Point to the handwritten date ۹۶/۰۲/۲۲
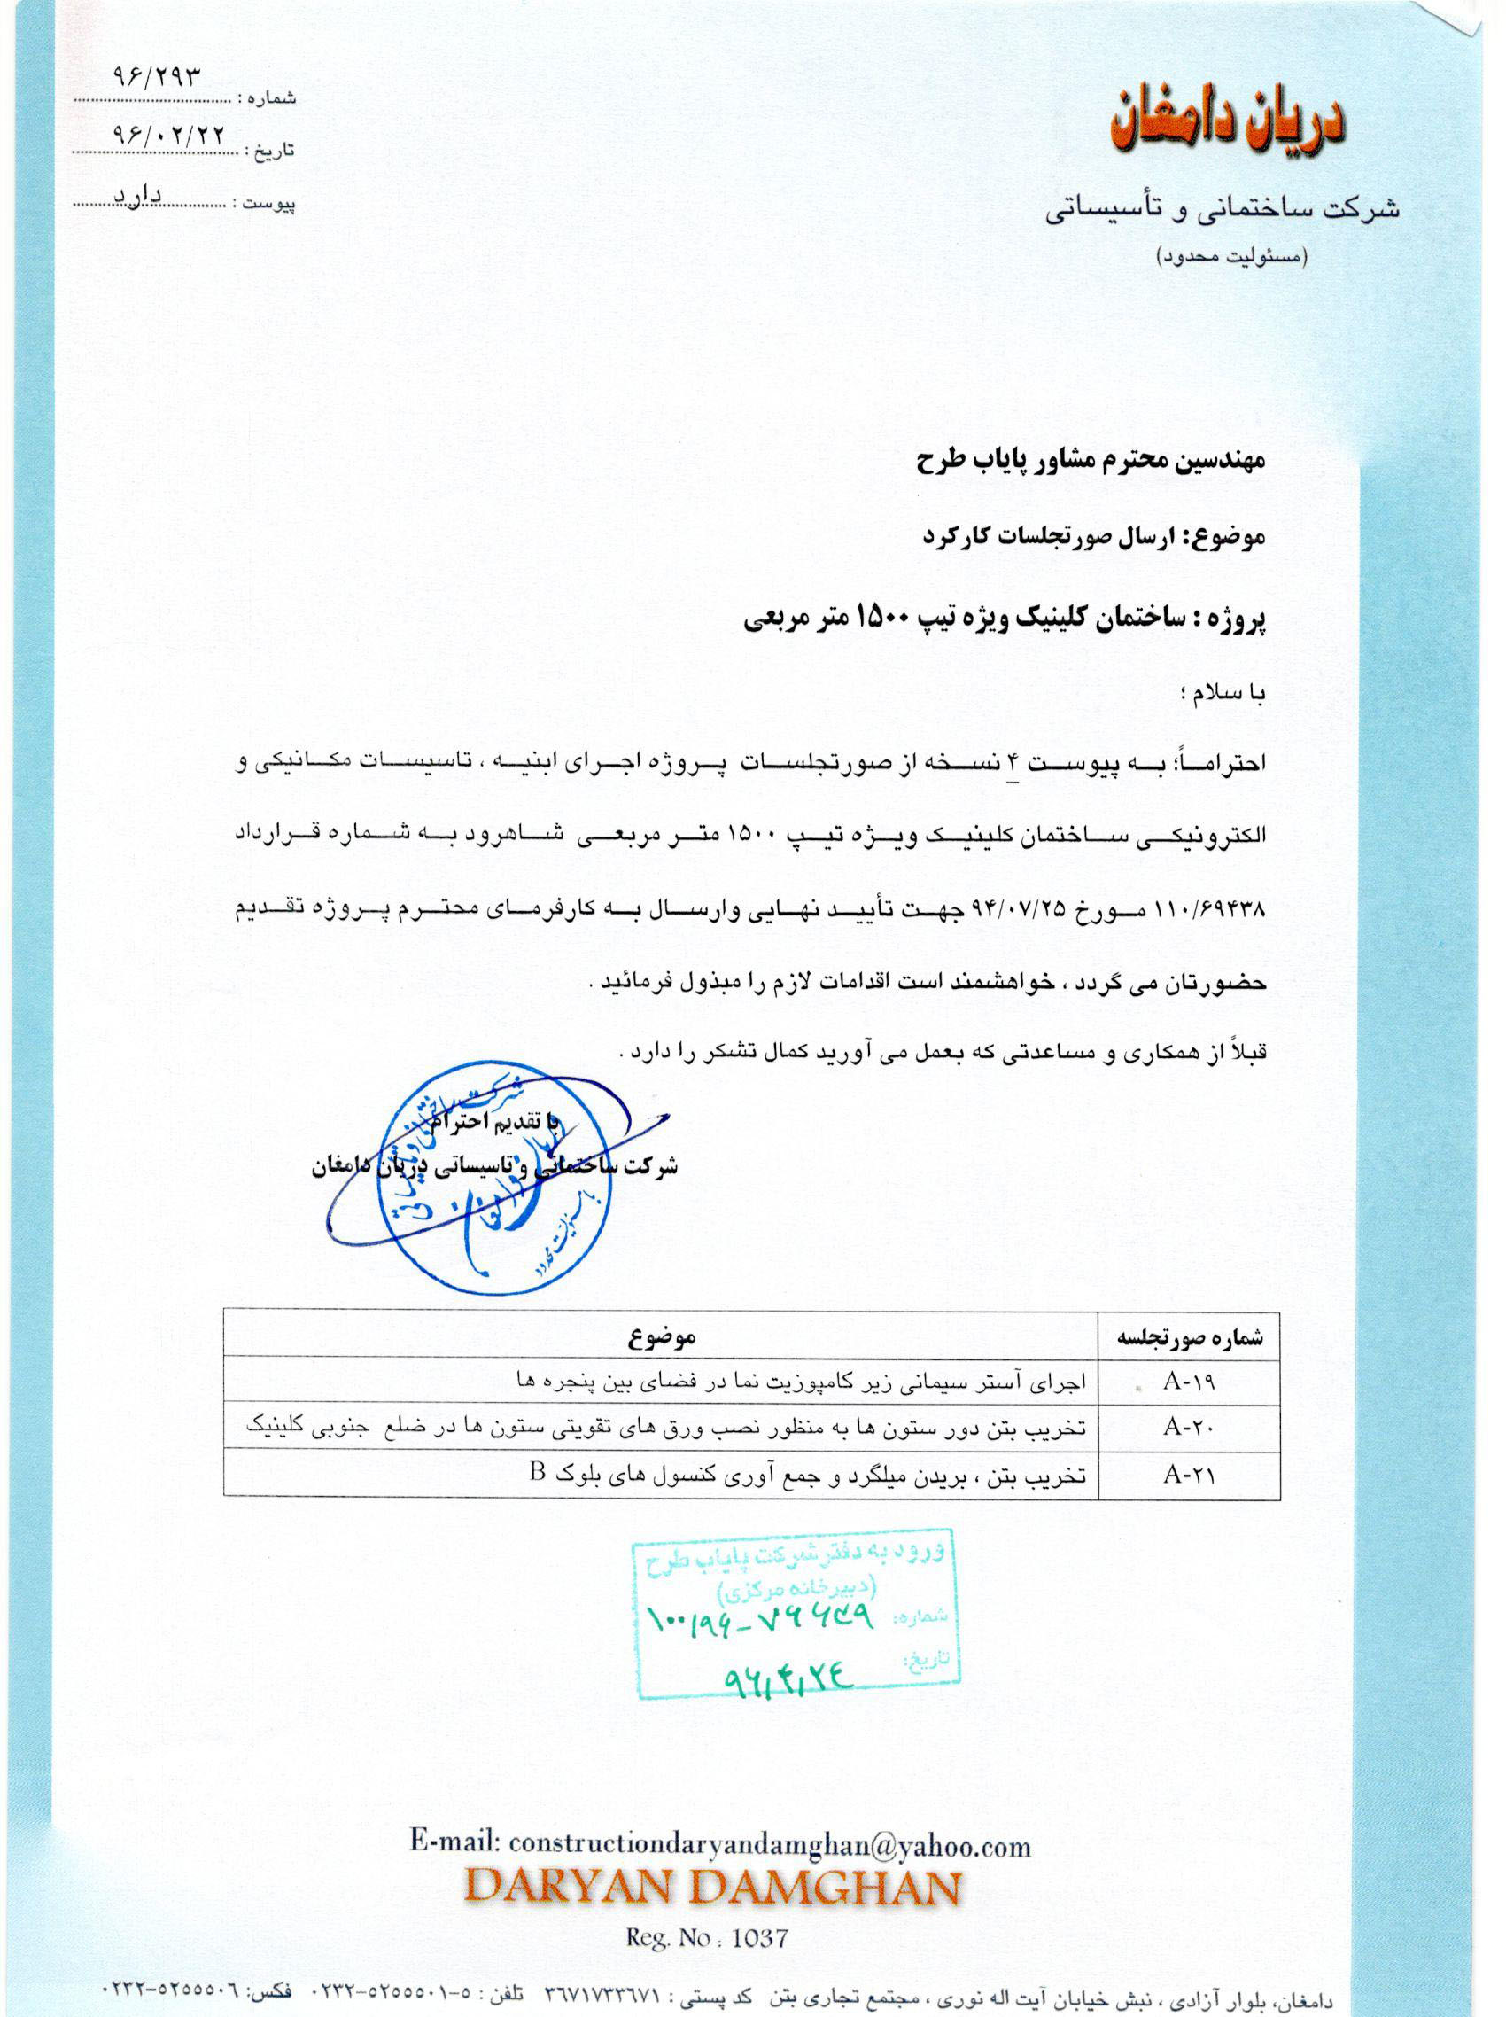pos(167,133)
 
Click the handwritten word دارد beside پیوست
pos(136,195)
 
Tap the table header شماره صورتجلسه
pos(1191,1338)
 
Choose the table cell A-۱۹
pos(1189,1382)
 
